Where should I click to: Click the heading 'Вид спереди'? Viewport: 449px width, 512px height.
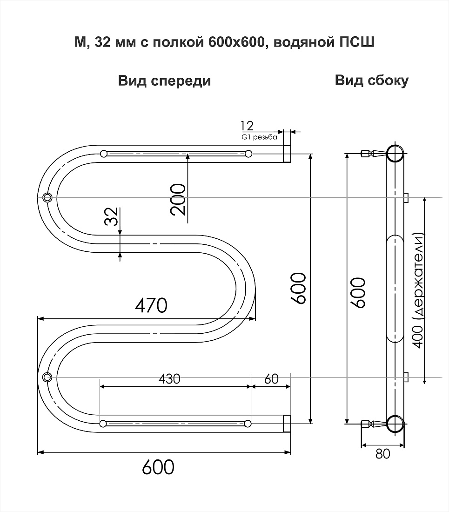click(x=164, y=81)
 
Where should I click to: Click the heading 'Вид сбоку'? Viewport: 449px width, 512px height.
click(x=372, y=81)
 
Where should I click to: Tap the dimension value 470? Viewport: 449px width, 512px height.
click(x=151, y=305)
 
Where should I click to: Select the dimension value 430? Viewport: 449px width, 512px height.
click(x=169, y=379)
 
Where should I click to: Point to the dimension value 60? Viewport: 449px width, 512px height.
click(x=271, y=379)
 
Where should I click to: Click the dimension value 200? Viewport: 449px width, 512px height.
click(x=178, y=199)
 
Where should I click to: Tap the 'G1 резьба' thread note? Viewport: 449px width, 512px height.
click(x=260, y=137)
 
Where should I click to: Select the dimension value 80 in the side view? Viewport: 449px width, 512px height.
click(x=383, y=453)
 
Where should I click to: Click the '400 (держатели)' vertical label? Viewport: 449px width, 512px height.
click(x=418, y=290)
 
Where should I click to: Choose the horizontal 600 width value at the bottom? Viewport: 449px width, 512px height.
click(x=158, y=467)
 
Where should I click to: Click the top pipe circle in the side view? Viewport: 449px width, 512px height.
click(x=395, y=153)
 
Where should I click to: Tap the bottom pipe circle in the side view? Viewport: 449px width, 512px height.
click(x=395, y=424)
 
